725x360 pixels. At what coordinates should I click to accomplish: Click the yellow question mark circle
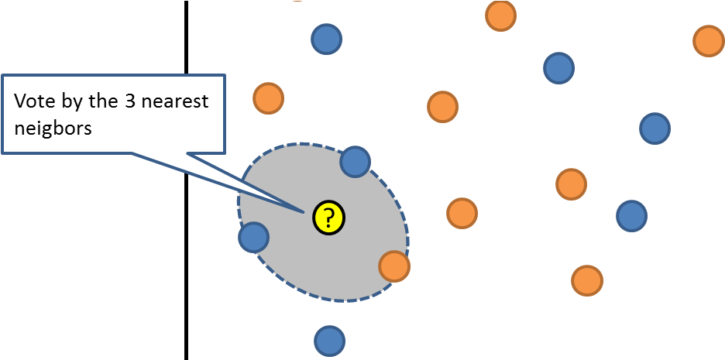tap(328, 218)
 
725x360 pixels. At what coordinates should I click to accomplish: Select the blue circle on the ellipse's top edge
tap(356, 162)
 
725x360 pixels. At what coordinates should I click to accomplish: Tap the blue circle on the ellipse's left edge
tap(253, 237)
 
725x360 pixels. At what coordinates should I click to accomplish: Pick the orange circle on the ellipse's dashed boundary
tap(394, 266)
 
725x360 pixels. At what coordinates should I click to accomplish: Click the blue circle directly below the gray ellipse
tap(329, 341)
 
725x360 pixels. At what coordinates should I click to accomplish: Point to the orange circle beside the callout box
tap(269, 98)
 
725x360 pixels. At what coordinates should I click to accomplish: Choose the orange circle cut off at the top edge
tap(500, 15)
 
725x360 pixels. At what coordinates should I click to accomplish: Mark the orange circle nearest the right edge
tap(708, 41)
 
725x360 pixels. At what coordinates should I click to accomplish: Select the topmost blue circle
tap(326, 39)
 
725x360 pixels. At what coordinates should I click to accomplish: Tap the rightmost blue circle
tap(655, 128)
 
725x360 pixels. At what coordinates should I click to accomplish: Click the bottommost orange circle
tap(586, 280)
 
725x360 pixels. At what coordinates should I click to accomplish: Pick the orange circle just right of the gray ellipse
tap(462, 213)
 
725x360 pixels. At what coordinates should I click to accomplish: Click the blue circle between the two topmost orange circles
tap(558, 68)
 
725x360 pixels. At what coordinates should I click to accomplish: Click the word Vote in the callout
tap(36, 102)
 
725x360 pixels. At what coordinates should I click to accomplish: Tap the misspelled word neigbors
tap(53, 129)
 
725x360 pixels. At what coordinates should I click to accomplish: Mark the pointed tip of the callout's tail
tap(301, 211)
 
